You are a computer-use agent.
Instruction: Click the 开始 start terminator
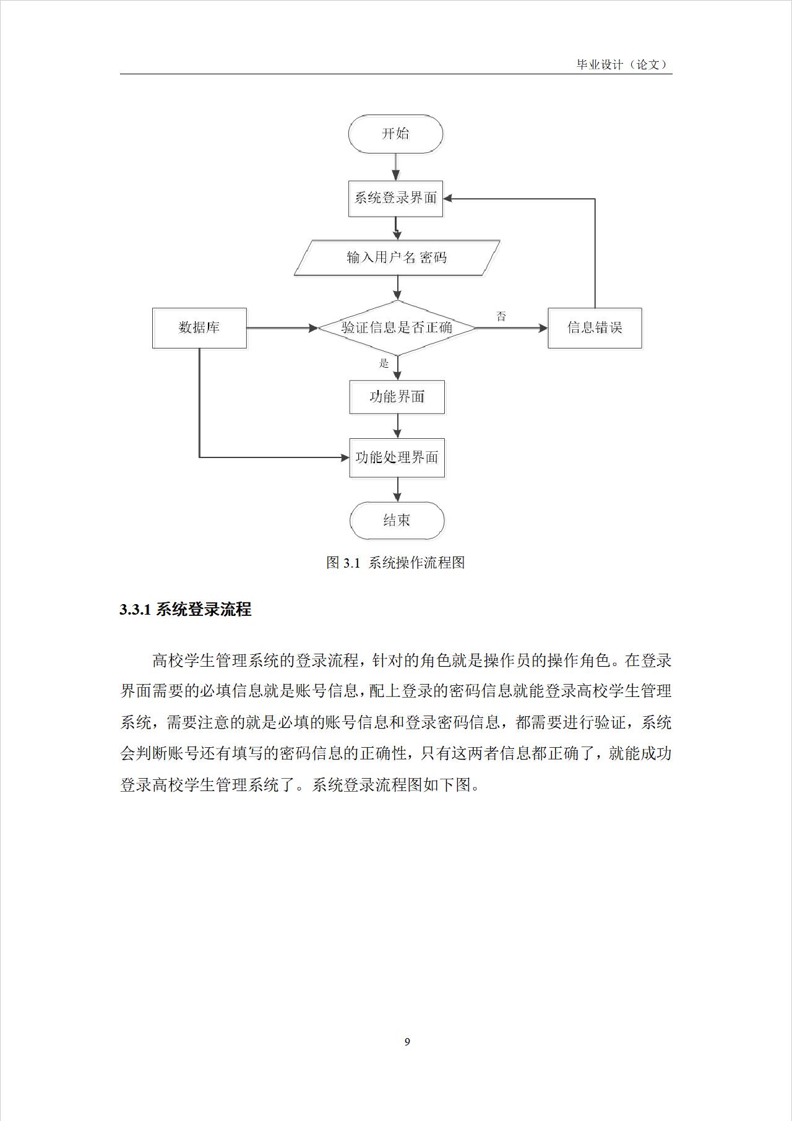pos(395,134)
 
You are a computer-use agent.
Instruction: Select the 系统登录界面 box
pos(395,198)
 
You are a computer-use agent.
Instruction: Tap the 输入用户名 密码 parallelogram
pos(397,258)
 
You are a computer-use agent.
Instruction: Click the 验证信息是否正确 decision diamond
pos(397,327)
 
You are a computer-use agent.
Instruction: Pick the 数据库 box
pos(199,327)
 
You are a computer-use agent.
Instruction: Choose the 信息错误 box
pos(595,327)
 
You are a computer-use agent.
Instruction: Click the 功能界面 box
pos(397,397)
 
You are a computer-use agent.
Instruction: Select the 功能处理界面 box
pos(397,457)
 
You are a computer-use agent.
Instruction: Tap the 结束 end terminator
pos(397,521)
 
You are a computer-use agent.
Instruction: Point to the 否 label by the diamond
pos(501,316)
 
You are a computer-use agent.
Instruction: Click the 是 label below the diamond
pos(384,363)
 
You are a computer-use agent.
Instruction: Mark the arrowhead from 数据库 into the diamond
pos(313,327)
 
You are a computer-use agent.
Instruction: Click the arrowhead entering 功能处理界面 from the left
pos(345,457)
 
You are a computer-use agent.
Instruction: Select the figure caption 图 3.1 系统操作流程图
pos(395,563)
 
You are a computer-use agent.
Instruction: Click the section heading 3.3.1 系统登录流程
pos(185,610)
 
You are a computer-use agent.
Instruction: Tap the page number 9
pos(407,1042)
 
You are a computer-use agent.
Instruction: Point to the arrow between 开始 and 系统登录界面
pos(395,167)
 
